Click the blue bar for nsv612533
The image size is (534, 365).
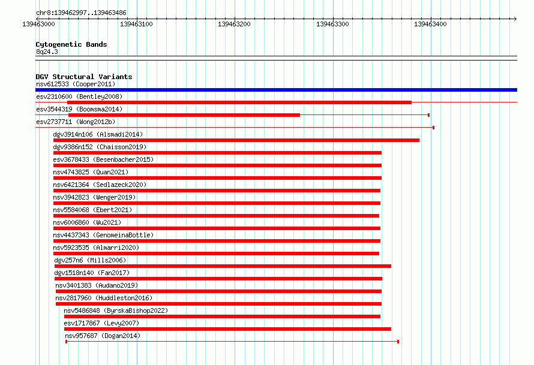pos(276,90)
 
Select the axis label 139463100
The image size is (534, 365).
pos(136,24)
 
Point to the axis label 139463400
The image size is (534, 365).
pos(430,24)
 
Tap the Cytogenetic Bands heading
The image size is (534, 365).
pos(71,44)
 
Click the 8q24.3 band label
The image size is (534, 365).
pos(47,52)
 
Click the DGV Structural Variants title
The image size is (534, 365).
pos(84,77)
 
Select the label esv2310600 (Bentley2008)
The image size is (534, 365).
pos(79,96)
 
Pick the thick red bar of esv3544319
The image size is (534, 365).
pos(184,115)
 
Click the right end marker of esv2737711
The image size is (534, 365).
pos(433,128)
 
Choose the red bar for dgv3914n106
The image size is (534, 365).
pos(236,140)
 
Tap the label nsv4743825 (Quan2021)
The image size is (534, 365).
pos(91,172)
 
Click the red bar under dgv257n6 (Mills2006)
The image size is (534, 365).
pos(223,266)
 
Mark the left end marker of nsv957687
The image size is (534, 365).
pos(67,342)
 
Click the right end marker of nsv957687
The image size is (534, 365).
pos(398,342)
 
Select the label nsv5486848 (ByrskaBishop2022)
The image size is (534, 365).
pos(116,310)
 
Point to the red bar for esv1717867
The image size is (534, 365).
pos(227,329)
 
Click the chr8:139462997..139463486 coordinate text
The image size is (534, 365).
pos(81,13)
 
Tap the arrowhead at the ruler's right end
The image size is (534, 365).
pos(515,19)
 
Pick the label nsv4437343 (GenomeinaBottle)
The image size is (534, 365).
pos(103,235)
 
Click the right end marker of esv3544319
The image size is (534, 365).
pos(428,115)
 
